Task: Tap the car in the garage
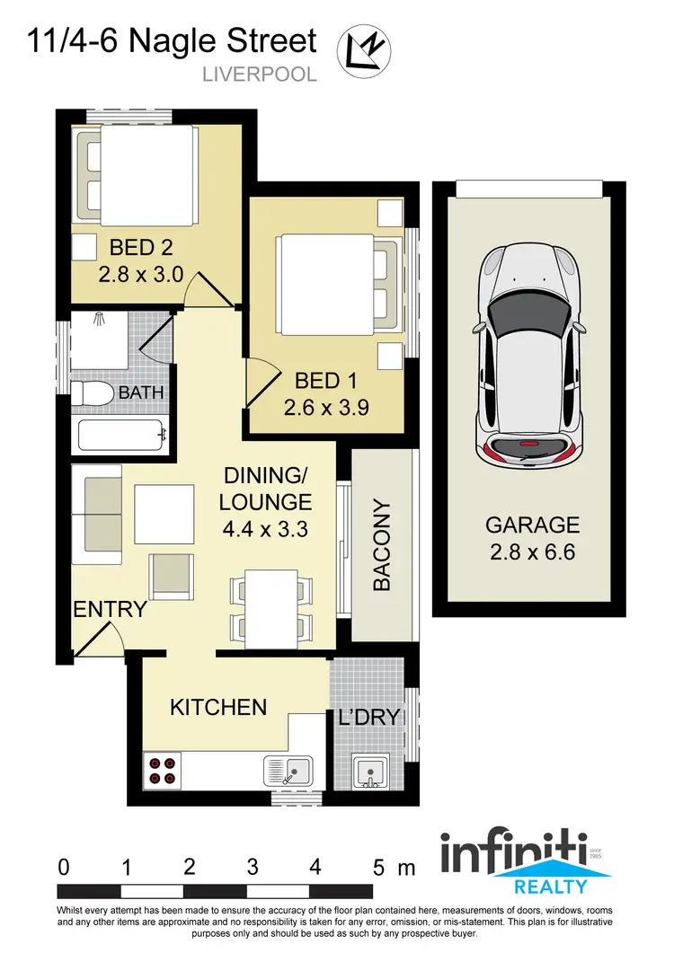coord(528,355)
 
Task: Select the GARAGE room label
coord(533,525)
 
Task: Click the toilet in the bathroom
coord(89,393)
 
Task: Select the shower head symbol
coord(100,318)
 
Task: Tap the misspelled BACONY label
coord(382,544)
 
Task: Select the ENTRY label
coord(110,609)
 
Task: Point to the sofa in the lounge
coord(102,509)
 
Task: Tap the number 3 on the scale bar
coord(253,868)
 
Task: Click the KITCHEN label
coord(218,707)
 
